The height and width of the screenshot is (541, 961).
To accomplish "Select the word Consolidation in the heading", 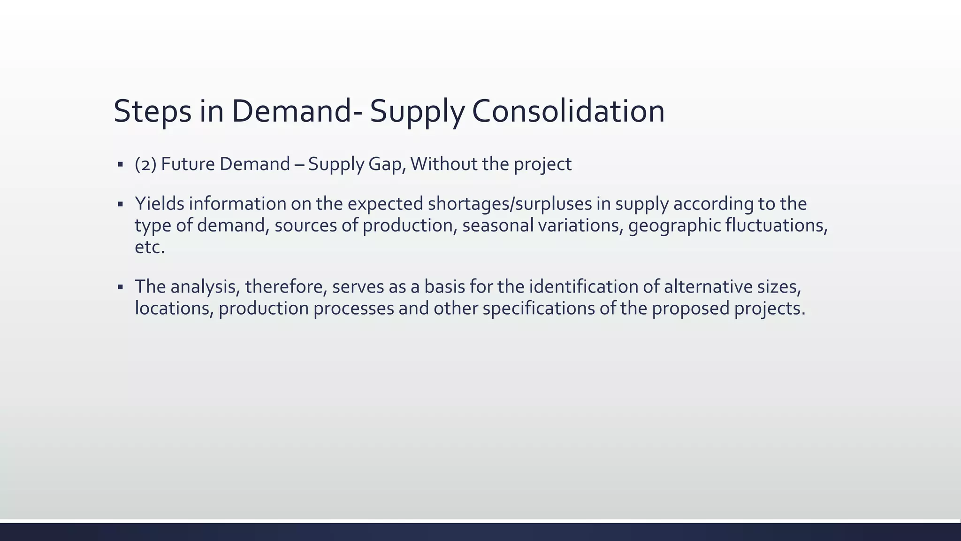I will tap(568, 111).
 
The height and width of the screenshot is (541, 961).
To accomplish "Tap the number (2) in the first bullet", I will tap(145, 164).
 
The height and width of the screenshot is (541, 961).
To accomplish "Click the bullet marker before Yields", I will tap(120, 204).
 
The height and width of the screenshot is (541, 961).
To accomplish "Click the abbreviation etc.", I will tap(150, 247).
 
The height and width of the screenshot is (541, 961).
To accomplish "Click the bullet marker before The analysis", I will tap(120, 287).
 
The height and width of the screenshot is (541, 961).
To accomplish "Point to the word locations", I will tap(174, 309).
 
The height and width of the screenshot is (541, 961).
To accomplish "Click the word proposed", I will tap(690, 309).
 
